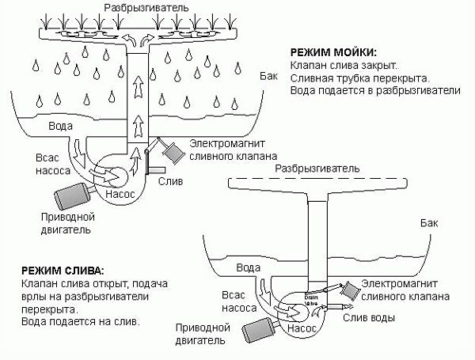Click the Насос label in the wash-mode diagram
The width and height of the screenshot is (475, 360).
coord(120,192)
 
